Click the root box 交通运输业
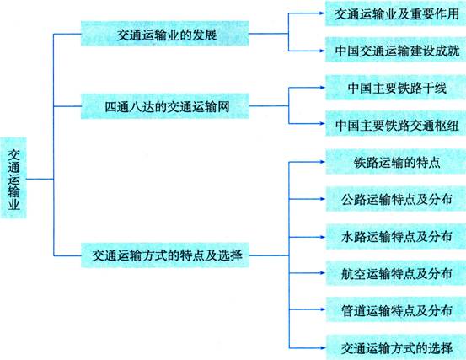tap(13, 178)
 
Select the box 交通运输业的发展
tap(165, 34)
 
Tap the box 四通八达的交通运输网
tap(165, 106)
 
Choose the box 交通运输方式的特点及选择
tap(165, 255)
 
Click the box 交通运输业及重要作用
tap(396, 13)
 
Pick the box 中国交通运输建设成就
tap(396, 50)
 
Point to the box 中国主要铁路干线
tap(396, 88)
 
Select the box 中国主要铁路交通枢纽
tap(396, 124)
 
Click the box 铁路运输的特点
tap(396, 162)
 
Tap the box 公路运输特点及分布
tap(396, 199)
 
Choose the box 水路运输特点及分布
tap(396, 237)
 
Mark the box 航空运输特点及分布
tap(396, 273)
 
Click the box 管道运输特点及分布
tap(396, 309)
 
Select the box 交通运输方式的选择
tap(396, 347)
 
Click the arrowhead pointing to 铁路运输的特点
tap(322, 162)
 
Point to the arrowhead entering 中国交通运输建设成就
tap(322, 51)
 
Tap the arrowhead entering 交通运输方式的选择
tap(322, 348)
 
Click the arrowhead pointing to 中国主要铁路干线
tap(322, 88)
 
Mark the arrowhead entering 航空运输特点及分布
tap(322, 273)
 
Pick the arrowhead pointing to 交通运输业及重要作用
tap(322, 13)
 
